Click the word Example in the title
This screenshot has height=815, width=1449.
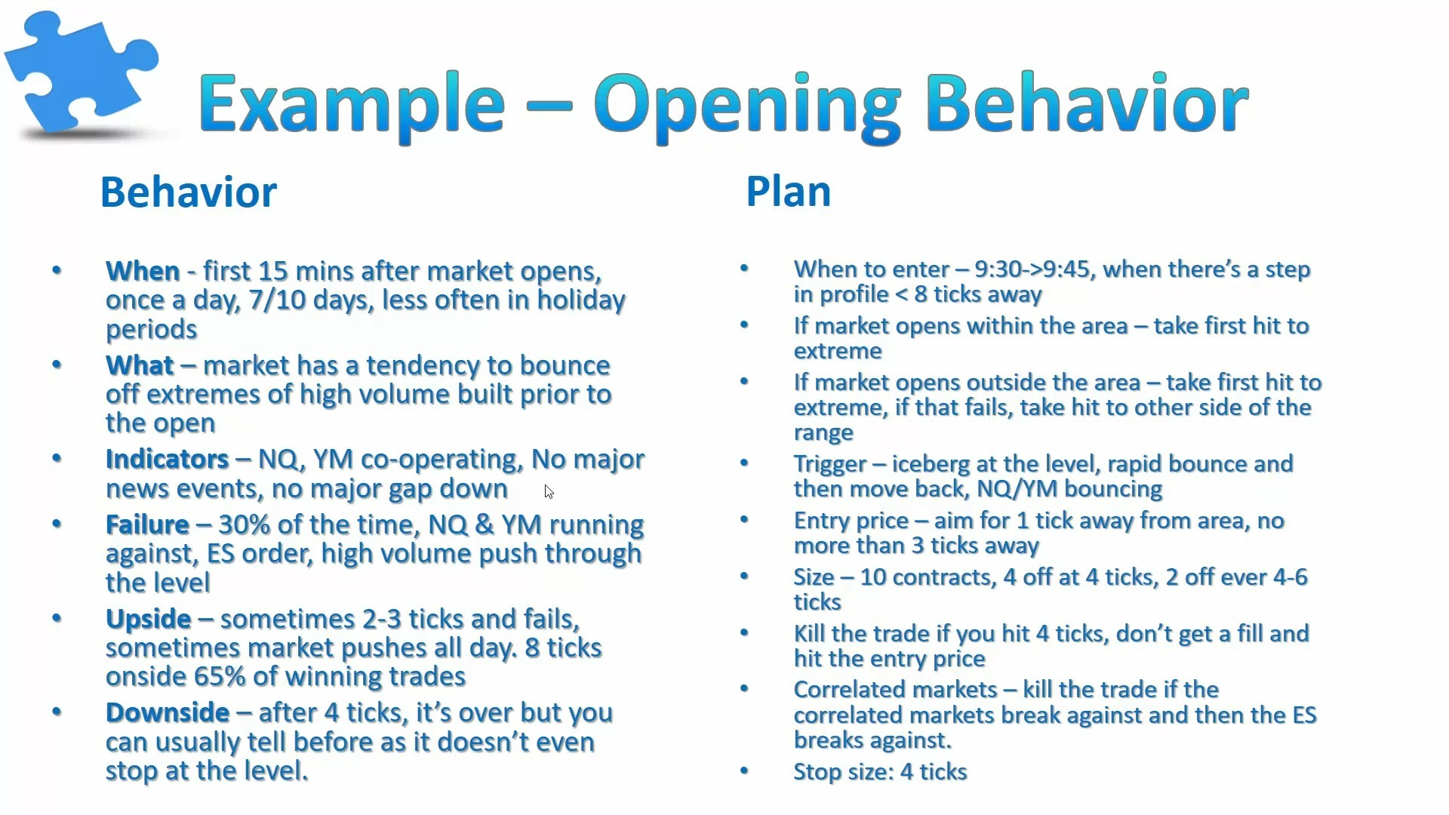352,104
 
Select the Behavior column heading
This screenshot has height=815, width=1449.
189,192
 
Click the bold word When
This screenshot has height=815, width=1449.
143,271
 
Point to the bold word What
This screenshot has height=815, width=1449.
140,365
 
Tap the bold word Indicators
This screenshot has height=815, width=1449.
167,459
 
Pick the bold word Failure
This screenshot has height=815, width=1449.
147,524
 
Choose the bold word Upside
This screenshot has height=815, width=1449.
149,619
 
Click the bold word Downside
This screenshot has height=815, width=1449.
168,712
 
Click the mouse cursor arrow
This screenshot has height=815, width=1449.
549,492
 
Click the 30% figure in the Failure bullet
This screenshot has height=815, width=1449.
245,524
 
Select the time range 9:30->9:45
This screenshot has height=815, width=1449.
1032,269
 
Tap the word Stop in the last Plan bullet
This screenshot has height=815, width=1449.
815,772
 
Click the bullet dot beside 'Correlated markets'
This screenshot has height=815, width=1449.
744,688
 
